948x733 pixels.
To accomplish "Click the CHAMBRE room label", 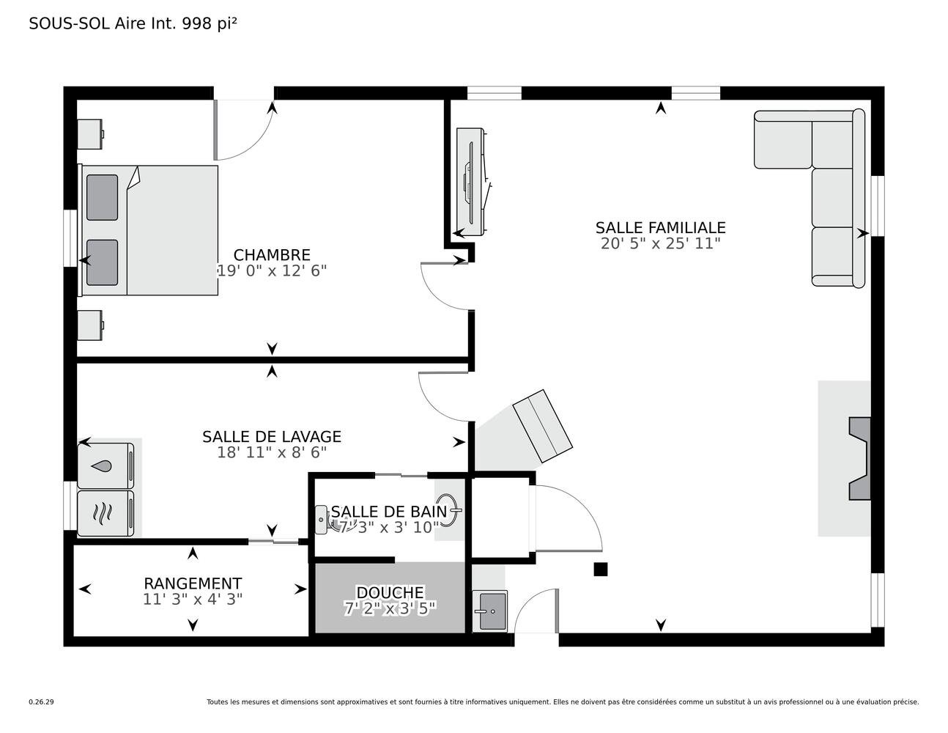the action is tap(272, 255).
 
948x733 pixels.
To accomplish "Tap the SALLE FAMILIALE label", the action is tap(661, 228).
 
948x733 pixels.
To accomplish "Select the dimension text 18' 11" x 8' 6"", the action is tap(272, 452).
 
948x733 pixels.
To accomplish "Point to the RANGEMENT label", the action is tap(193, 583).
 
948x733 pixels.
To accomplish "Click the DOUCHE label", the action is tap(390, 592).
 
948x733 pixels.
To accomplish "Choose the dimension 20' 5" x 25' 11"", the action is tap(661, 243).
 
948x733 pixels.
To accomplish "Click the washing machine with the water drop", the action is tap(105, 466).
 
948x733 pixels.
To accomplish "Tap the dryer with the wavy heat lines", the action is tap(105, 513).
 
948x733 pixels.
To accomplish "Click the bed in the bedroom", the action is tap(148, 230).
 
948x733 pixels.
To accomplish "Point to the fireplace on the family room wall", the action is tap(859, 459).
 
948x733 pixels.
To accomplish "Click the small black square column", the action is tap(600, 570).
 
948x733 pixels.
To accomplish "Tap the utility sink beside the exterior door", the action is tap(489, 611).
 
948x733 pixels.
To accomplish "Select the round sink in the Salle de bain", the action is tap(448, 509).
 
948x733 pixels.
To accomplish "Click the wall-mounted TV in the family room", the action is tap(472, 182).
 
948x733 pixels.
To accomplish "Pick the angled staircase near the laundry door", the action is tap(542, 427).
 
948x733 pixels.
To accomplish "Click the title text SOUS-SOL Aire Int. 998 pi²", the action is tap(133, 23).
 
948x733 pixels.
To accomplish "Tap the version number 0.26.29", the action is tap(42, 702).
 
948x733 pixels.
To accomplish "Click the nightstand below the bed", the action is tap(90, 325).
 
